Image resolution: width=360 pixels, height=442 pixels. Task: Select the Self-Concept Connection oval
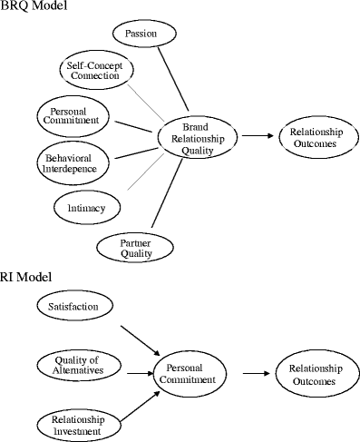94,71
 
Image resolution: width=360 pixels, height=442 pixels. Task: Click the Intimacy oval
87,208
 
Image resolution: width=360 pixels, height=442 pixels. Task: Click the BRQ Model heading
33,6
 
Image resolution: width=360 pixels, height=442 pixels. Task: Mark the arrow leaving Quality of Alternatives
138,372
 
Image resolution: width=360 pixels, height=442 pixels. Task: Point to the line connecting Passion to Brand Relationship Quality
175,80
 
